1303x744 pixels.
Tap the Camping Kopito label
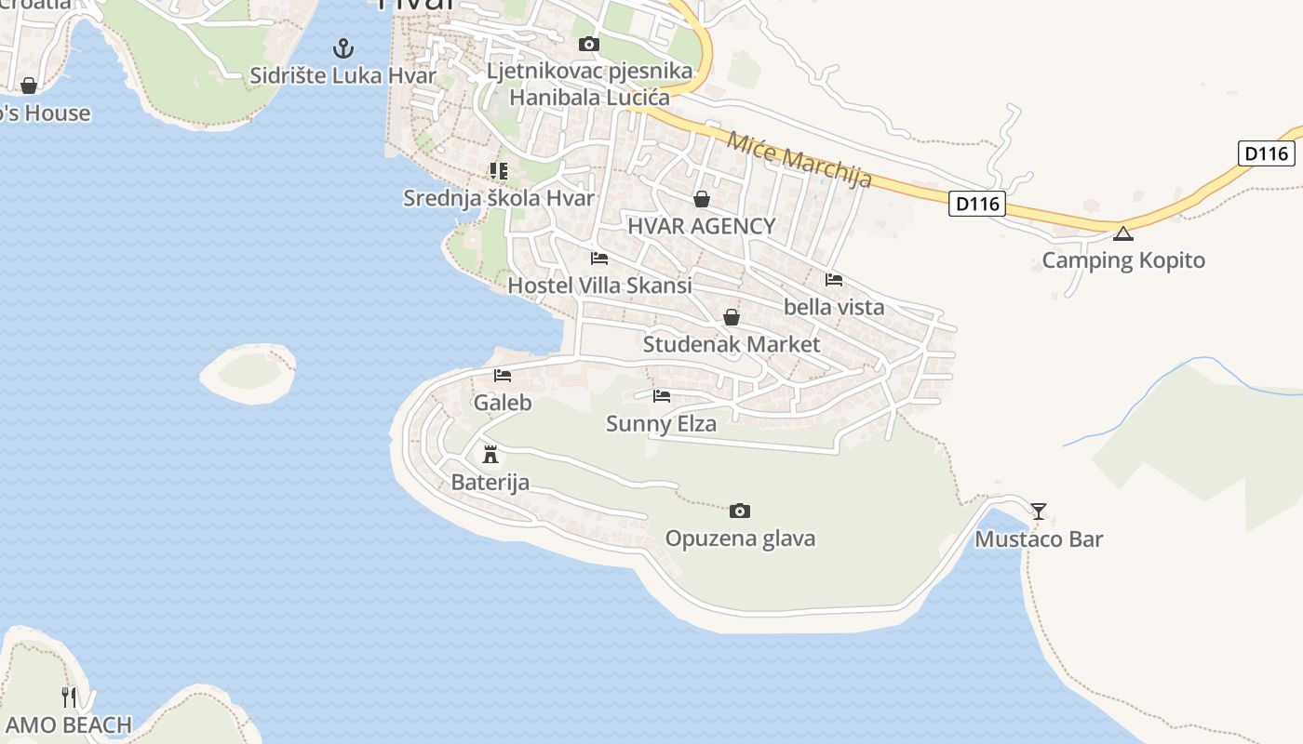click(1122, 260)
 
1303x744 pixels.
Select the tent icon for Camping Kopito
click(1123, 233)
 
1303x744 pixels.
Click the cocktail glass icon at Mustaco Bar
click(1039, 511)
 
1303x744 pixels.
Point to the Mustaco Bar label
click(1039, 539)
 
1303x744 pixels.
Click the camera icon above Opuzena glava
click(740, 511)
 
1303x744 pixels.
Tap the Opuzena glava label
click(740, 538)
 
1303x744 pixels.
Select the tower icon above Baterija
click(490, 455)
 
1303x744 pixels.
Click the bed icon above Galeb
click(503, 376)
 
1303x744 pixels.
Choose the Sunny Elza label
click(661, 424)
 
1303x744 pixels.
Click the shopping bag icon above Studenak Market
click(732, 317)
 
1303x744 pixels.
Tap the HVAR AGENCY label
click(701, 226)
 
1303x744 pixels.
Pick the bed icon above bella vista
click(834, 279)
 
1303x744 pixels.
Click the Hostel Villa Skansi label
click(599, 286)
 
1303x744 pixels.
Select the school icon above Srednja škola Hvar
click(499, 171)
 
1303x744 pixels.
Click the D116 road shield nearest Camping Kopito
click(977, 203)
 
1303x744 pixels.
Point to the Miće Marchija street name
click(799, 160)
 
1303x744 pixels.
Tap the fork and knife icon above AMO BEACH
click(69, 697)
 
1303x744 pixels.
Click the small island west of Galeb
click(249, 373)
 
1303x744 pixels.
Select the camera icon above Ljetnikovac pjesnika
click(588, 44)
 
